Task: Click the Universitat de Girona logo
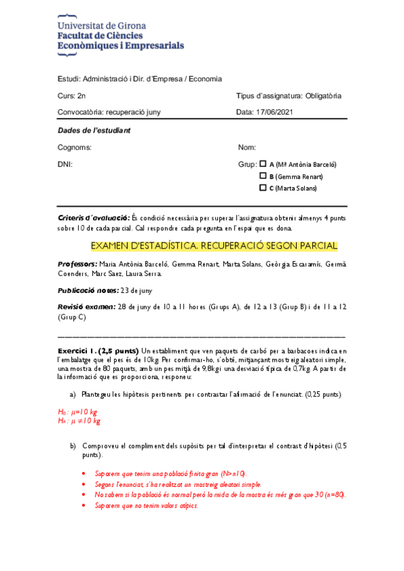click(121, 36)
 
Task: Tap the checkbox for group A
click(263, 164)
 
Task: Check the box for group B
click(263, 176)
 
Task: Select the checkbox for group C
click(263, 188)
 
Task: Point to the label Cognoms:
click(75, 147)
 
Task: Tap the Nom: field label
click(247, 147)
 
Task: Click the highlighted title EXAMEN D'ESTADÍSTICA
click(214, 246)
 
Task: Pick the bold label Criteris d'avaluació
click(94, 218)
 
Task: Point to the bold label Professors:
click(78, 265)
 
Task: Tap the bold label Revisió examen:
click(87, 307)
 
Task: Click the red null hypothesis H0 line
click(78, 411)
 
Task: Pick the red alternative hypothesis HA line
click(80, 421)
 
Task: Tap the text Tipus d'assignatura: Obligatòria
click(289, 96)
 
